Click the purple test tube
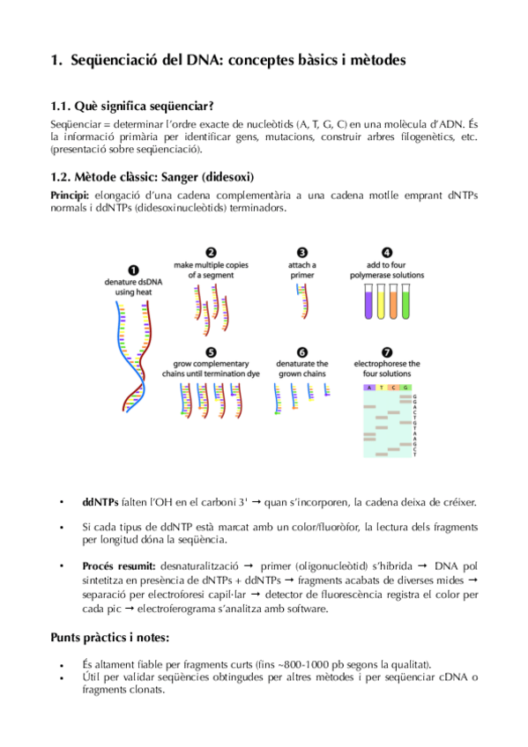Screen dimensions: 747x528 click(x=368, y=303)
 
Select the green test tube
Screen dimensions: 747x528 click(x=406, y=303)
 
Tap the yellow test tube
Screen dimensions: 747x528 click(x=382, y=303)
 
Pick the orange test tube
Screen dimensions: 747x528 click(x=394, y=303)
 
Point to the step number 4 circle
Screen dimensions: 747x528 click(x=387, y=252)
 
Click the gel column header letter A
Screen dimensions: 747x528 click(x=370, y=387)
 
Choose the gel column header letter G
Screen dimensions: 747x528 click(x=406, y=387)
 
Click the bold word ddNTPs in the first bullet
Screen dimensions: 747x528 click(x=100, y=502)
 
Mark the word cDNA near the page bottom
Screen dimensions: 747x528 click(x=450, y=677)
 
